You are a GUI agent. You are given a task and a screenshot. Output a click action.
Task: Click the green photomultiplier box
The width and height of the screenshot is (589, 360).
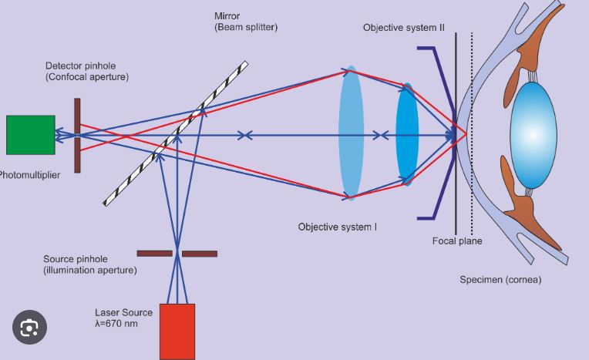pos(30,135)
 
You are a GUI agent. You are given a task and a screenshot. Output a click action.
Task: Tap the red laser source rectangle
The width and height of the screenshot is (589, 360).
pos(177,331)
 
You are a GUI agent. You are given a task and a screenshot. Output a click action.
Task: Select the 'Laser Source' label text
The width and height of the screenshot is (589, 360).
pos(123,313)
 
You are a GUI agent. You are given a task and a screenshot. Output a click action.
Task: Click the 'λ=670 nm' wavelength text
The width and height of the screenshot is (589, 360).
pos(116,324)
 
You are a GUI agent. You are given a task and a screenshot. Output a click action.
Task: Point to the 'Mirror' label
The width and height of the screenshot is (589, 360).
pos(227,16)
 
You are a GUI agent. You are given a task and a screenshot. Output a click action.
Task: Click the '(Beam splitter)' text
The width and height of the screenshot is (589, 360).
pos(246,28)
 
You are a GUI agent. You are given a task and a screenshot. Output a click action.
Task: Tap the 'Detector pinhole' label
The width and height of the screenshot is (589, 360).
pos(80,66)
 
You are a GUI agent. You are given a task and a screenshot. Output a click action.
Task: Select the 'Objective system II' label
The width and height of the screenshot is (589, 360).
pos(404,28)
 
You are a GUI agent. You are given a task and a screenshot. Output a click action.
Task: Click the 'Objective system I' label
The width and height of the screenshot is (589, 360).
pos(338,227)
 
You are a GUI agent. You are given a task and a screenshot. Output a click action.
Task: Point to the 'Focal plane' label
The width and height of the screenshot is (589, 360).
pos(457,241)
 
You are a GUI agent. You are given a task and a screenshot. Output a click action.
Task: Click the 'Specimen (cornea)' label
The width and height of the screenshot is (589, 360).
pos(500,280)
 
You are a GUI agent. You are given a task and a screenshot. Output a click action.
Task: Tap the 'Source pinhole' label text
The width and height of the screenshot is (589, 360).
pos(76,259)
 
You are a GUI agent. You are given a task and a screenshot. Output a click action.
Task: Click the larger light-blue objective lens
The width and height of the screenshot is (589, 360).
pos(351,133)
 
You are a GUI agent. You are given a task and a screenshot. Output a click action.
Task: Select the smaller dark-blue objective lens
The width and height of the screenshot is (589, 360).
pos(407,134)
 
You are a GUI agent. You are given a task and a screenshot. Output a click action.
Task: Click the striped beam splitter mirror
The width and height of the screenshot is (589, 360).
pos(176,133)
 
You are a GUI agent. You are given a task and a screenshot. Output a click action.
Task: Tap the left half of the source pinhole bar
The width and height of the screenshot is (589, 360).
pos(154,254)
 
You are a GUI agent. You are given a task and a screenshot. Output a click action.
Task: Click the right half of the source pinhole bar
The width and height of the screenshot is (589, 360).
pos(200,254)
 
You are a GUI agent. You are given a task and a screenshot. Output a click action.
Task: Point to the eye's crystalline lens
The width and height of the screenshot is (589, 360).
pos(533,135)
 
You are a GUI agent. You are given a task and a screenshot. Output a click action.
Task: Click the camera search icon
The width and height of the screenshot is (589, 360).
pos(29,328)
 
